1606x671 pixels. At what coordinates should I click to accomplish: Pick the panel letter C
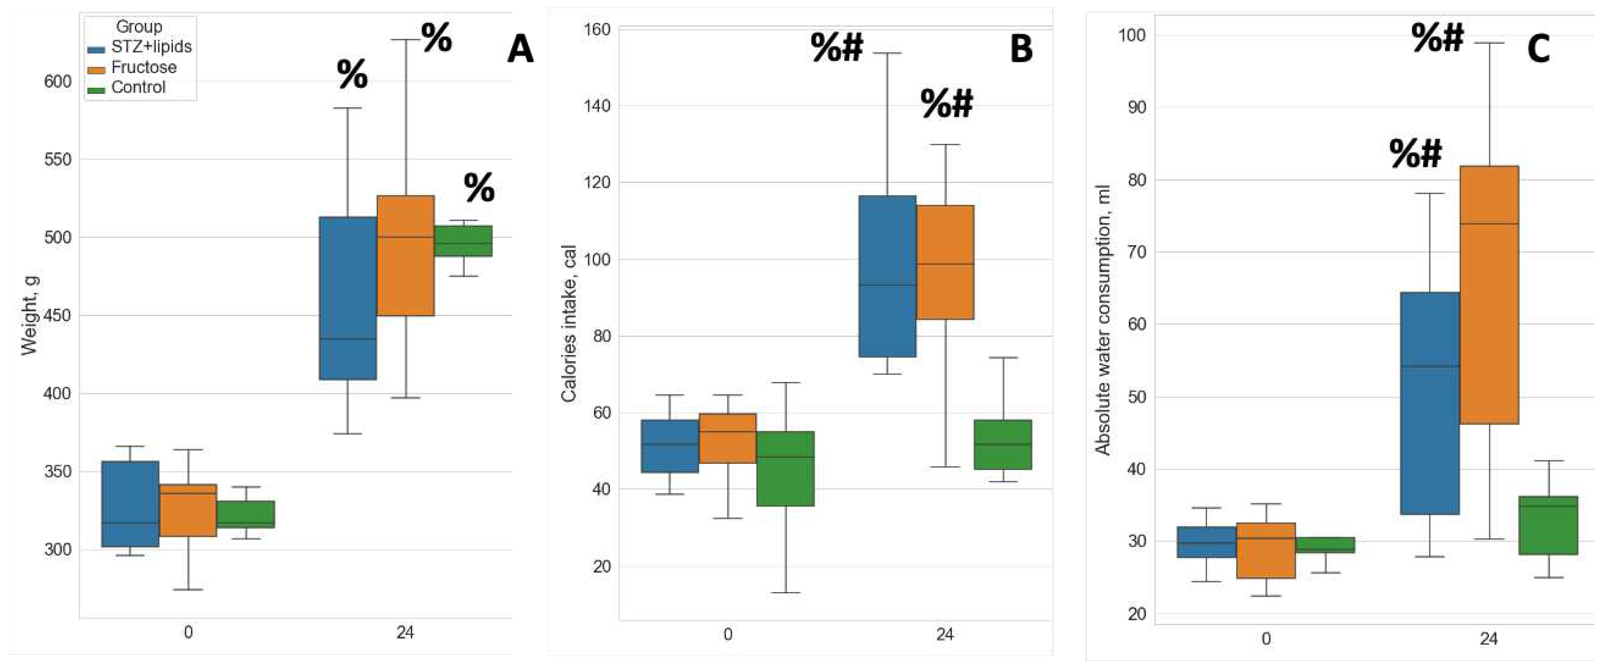(1538, 48)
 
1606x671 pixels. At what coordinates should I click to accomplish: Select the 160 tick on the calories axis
(596, 29)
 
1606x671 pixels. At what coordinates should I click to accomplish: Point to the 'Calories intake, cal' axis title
(569, 323)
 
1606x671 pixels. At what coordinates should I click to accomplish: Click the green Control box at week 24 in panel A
(463, 241)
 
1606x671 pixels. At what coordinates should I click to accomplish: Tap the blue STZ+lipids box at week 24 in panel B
(887, 276)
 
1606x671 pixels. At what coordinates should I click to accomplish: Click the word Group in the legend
(139, 27)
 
